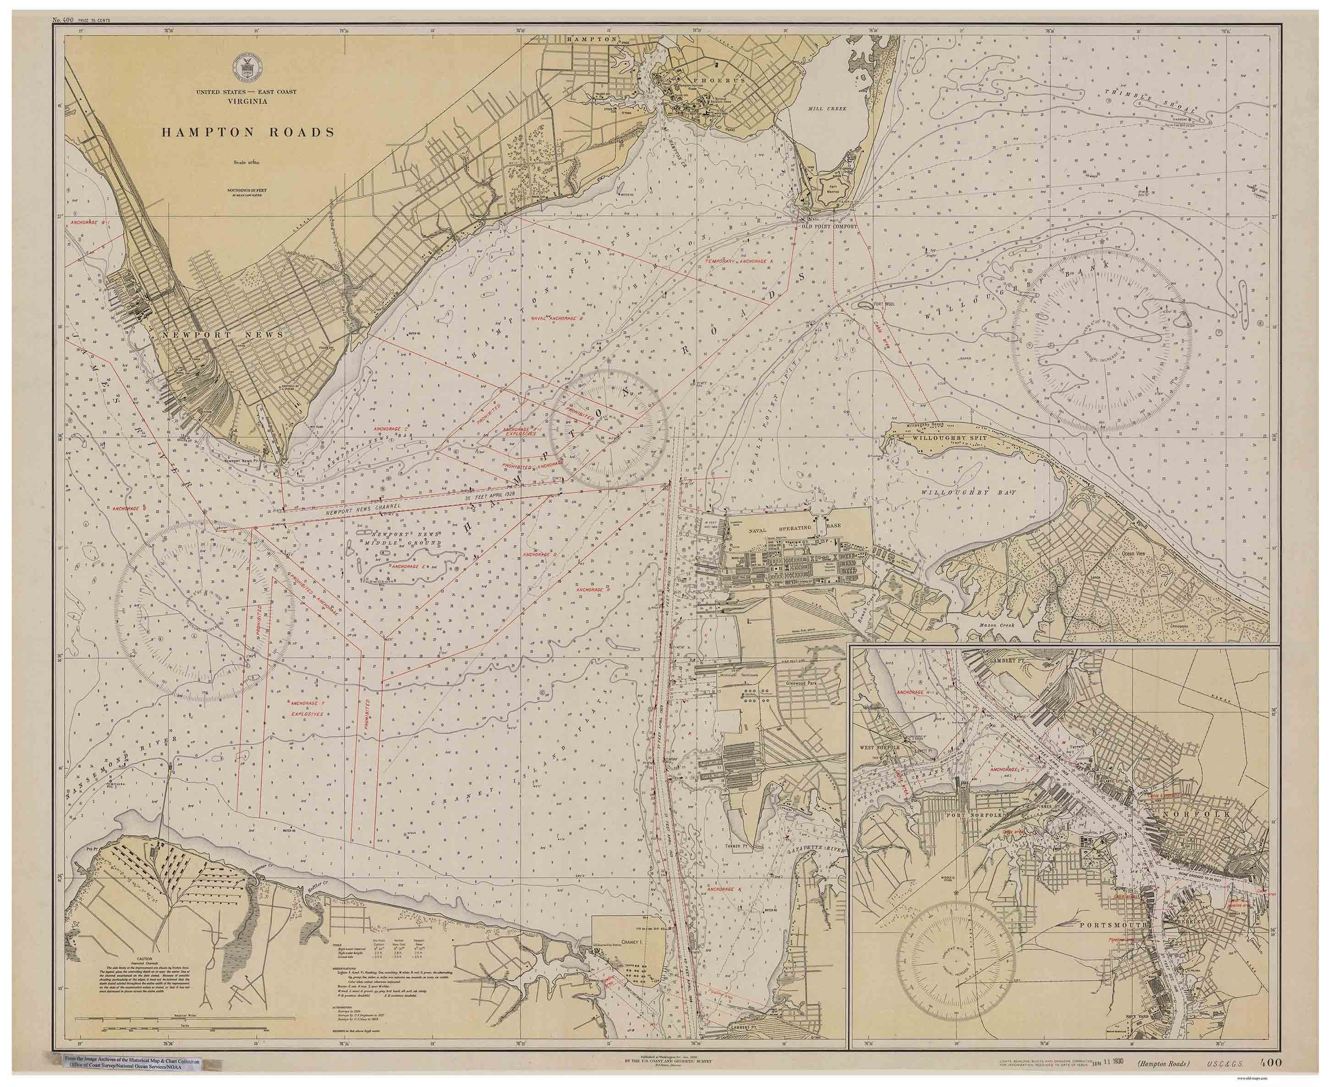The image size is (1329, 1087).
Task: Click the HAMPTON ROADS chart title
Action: coord(247,133)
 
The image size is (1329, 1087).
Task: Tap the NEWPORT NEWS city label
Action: coord(222,335)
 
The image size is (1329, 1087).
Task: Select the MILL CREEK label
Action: coord(827,108)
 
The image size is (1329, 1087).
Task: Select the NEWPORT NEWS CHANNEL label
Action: coord(363,511)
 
